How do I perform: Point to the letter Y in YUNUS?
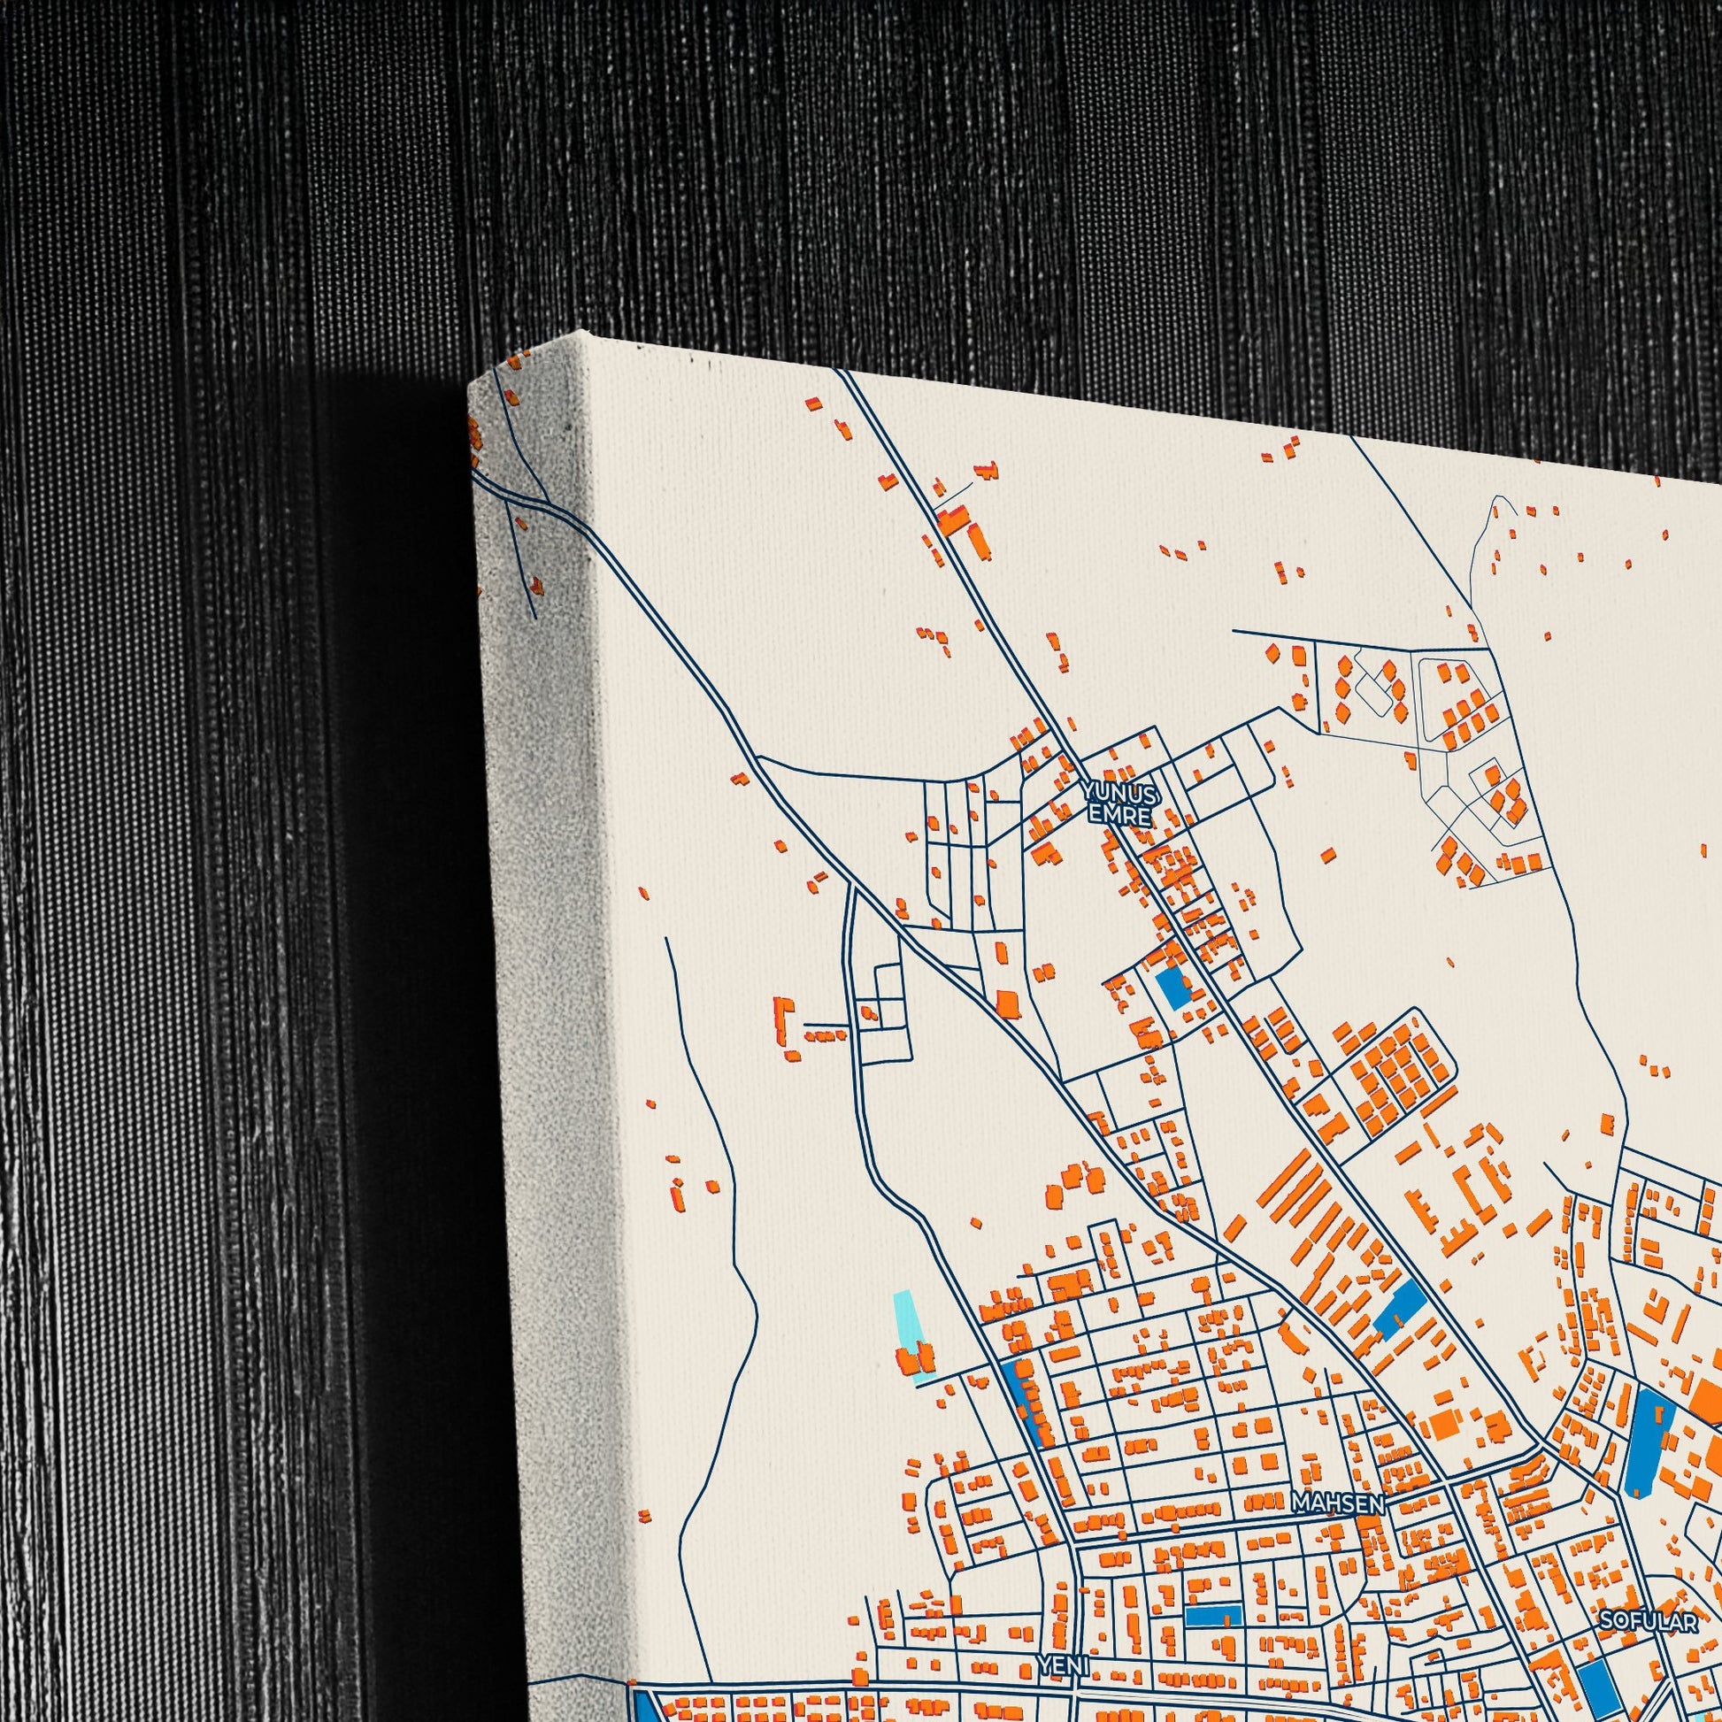pos(1091,791)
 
